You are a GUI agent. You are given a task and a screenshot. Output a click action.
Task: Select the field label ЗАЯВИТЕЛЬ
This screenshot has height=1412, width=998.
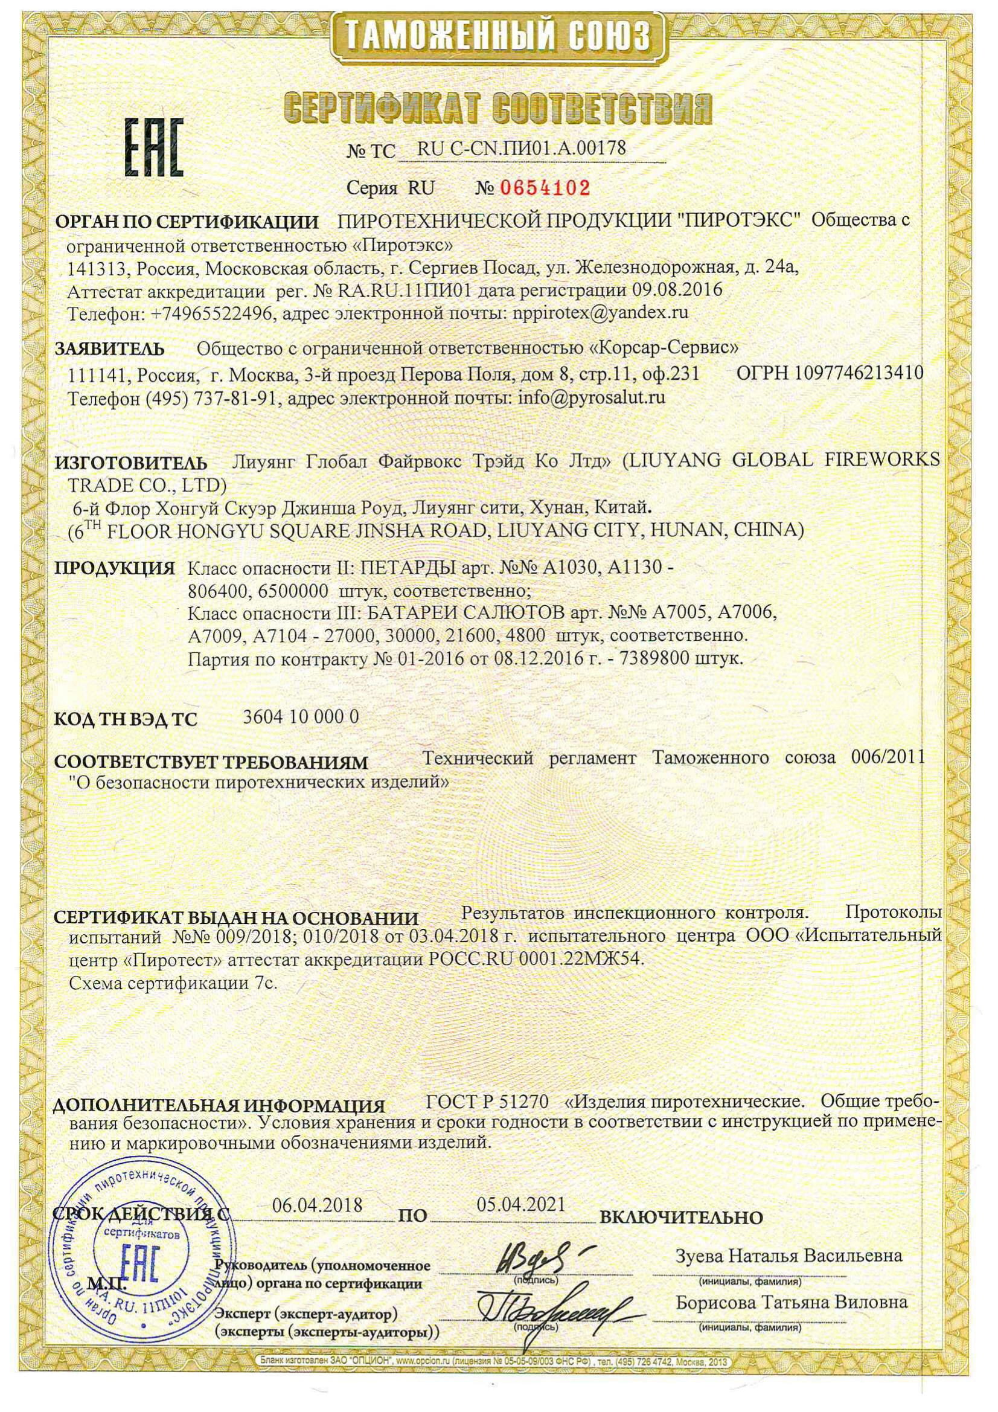click(109, 349)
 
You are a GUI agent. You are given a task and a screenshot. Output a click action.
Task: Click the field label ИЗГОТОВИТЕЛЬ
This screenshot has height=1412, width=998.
click(130, 462)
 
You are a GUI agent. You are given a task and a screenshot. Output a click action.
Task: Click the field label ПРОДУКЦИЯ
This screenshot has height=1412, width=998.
click(115, 568)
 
